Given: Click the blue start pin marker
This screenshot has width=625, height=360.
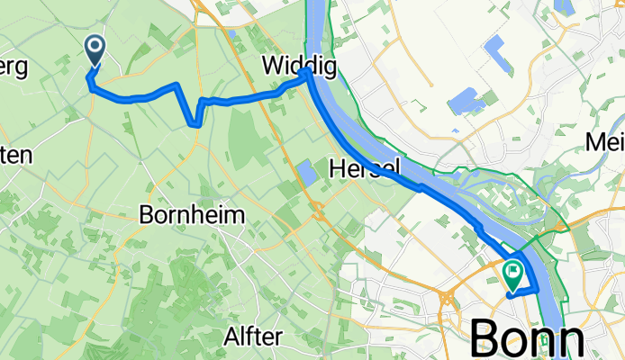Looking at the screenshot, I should tap(95, 50).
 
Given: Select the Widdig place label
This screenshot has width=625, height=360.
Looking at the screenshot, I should tap(290, 65).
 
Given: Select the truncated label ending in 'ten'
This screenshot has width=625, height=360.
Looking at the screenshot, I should tap(16, 155).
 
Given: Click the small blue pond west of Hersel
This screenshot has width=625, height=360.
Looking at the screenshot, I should tap(307, 172).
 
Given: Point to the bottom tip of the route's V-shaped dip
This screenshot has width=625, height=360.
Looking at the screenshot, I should tap(195, 126).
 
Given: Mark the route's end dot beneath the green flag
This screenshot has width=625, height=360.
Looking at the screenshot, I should tap(512, 292).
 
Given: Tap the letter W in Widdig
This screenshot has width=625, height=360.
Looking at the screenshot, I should tap(271, 65).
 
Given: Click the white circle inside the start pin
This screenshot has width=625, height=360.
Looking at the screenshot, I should tap(95, 47).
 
